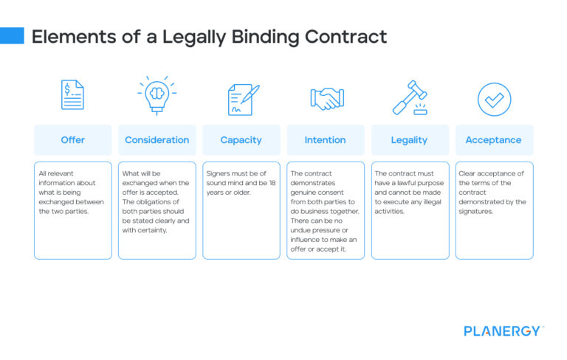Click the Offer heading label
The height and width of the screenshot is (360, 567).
[72, 140]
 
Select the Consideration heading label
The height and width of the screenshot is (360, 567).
[157, 140]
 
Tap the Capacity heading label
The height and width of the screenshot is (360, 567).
[241, 140]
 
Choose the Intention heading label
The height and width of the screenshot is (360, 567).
[325, 140]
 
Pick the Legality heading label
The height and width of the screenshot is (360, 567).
[410, 140]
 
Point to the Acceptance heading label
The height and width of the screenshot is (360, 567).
[493, 140]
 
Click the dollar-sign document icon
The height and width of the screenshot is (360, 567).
[72, 95]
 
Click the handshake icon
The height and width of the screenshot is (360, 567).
[326, 98]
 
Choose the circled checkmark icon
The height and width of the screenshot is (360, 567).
[494, 99]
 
